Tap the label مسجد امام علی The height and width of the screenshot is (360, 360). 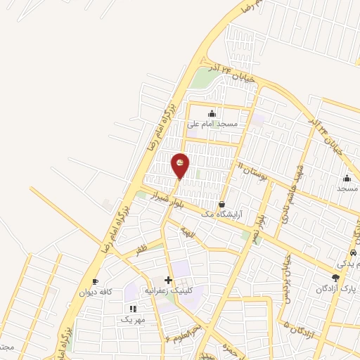tap(212, 124)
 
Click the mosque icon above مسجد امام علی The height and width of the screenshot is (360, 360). tap(212, 113)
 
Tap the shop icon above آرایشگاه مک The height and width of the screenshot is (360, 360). tap(222, 203)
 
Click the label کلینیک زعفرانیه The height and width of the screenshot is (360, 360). tap(168, 290)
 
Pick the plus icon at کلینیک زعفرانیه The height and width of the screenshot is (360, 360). tap(168, 280)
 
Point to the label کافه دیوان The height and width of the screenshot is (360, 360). tap(96, 292)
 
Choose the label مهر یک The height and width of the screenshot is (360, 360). tap(132, 319)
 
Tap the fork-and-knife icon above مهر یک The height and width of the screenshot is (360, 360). tap(132, 309)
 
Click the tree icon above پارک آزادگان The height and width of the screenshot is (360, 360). tap(336, 278)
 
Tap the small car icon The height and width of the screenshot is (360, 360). tap(353, 253)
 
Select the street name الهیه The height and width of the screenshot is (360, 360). tap(186, 230)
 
